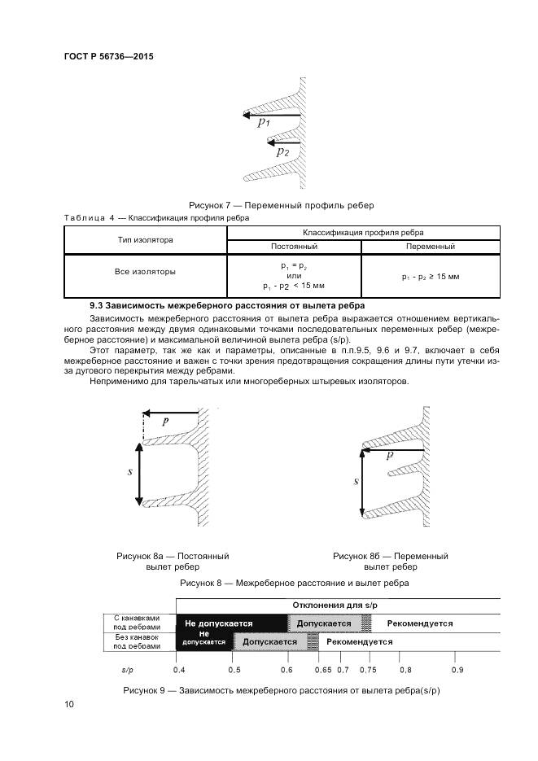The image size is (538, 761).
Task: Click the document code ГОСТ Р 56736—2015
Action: [x=108, y=57]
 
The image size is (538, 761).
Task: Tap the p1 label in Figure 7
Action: [x=264, y=123]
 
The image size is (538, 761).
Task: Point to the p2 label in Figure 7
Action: [x=282, y=151]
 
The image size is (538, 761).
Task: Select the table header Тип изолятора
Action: [x=145, y=239]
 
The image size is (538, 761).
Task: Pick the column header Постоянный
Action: [x=294, y=246]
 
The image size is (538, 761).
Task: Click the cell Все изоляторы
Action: [x=145, y=272]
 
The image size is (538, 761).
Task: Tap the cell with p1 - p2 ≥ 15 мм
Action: [x=430, y=277]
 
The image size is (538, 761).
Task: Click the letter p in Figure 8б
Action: [x=390, y=455]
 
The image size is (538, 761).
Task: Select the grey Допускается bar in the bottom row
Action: [x=269, y=641]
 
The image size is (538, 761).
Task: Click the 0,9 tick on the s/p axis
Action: [x=457, y=670]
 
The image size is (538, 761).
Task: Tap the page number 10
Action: [x=69, y=704]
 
